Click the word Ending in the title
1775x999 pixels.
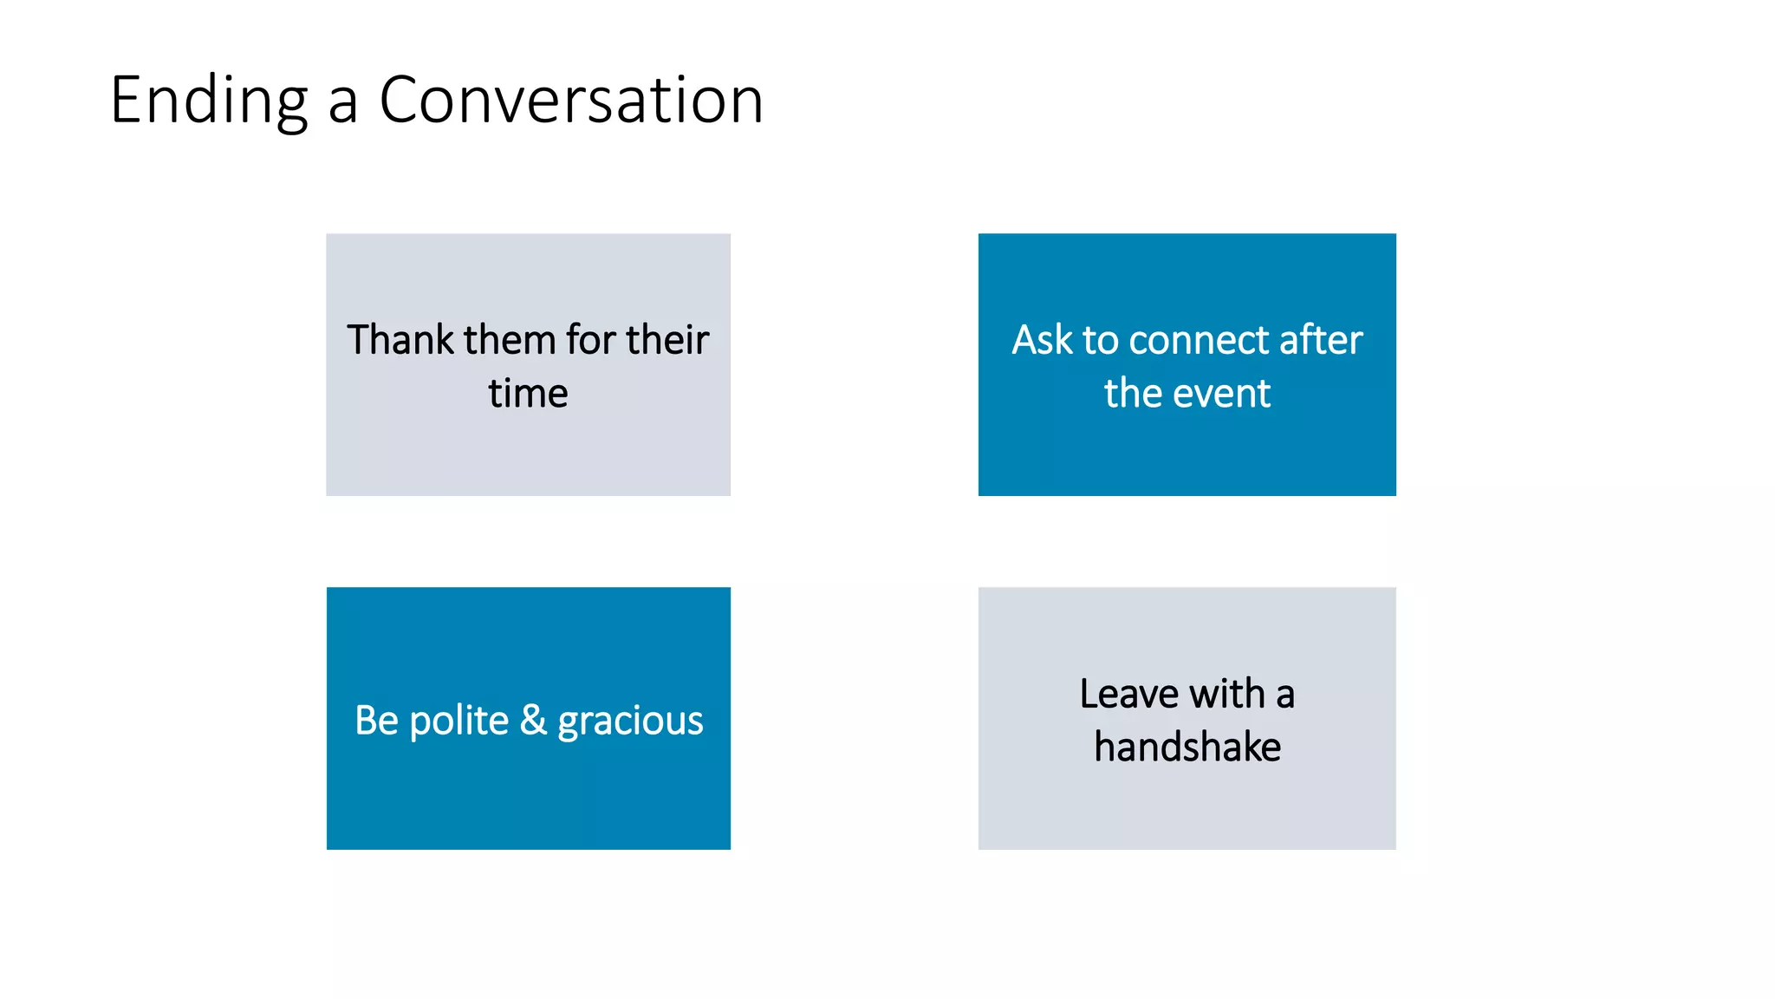(x=208, y=101)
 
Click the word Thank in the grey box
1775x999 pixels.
(x=400, y=339)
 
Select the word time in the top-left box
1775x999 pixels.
(x=528, y=393)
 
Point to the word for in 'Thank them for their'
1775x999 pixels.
(x=590, y=339)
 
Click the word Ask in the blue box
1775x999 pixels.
(x=1043, y=339)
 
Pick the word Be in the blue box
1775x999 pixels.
(x=376, y=720)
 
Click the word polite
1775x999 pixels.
(x=458, y=720)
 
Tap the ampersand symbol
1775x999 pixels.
(x=533, y=720)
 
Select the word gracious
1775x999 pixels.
(x=630, y=721)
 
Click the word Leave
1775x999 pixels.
(x=1128, y=693)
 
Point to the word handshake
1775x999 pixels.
(x=1187, y=747)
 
